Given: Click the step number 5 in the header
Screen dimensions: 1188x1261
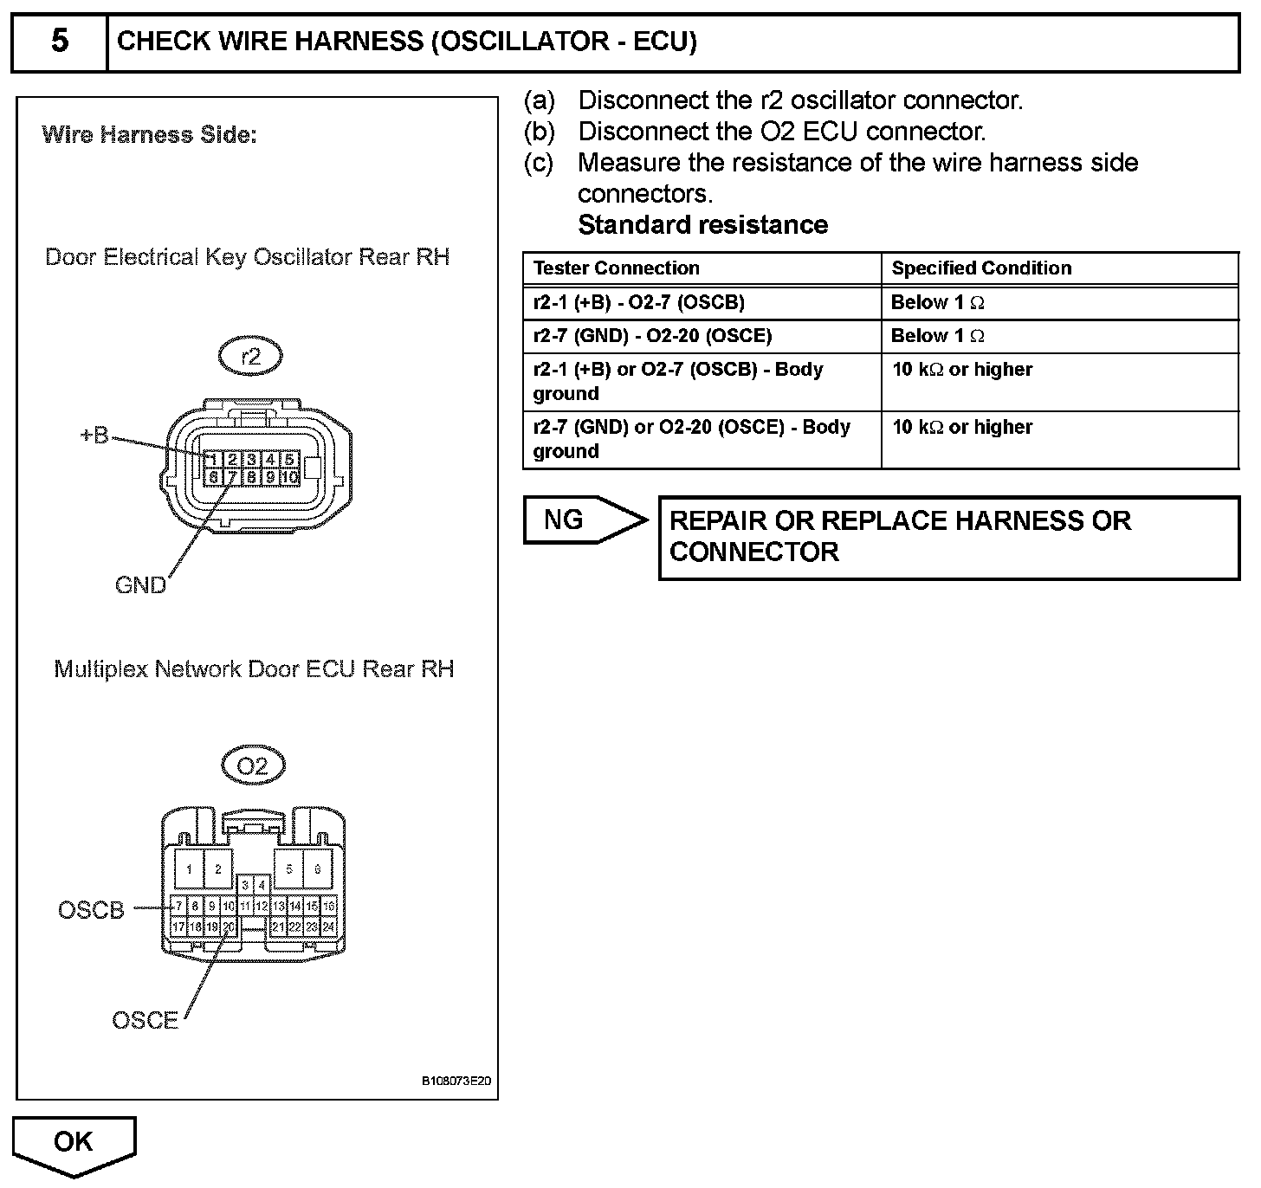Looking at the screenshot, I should pyautogui.click(x=59, y=42).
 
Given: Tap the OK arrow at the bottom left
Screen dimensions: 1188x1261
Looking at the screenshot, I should pyautogui.click(x=74, y=1143).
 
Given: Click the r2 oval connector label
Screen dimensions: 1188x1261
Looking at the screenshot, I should pyautogui.click(x=250, y=357).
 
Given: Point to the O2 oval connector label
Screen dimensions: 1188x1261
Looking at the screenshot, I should pyautogui.click(x=252, y=765).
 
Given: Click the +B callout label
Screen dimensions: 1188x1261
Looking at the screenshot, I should pyautogui.click(x=94, y=436).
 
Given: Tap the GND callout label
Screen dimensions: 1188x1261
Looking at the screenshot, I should pyautogui.click(x=139, y=585).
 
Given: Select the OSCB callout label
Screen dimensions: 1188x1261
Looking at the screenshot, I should pyautogui.click(x=91, y=910).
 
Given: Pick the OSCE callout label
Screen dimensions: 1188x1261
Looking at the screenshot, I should pyautogui.click(x=145, y=1020).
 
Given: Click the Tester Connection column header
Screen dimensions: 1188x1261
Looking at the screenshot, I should pyautogui.click(x=616, y=268).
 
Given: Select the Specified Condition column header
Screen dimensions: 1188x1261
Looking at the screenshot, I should pyautogui.click(x=981, y=268).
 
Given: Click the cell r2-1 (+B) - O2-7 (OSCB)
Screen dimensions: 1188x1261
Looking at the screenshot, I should pyautogui.click(x=638, y=302).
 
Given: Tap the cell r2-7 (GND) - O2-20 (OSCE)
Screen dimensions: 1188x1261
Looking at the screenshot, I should pyautogui.click(x=652, y=336).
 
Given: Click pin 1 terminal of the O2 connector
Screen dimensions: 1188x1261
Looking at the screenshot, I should pyautogui.click(x=189, y=869).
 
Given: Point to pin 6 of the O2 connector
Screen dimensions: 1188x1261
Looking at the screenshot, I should pyautogui.click(x=317, y=869).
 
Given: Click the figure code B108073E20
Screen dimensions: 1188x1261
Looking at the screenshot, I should pyautogui.click(x=456, y=1081).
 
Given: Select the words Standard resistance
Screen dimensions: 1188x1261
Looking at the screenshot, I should pyautogui.click(x=702, y=225).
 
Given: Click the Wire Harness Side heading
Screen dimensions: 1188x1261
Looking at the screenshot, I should pyautogui.click(x=149, y=135).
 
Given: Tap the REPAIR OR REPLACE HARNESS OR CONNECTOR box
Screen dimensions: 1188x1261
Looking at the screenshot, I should pyautogui.click(x=948, y=537).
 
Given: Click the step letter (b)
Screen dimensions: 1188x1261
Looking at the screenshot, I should pyautogui.click(x=539, y=132).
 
